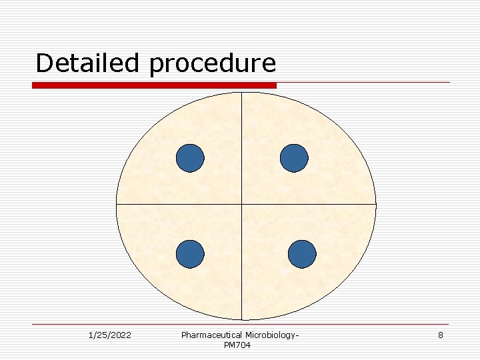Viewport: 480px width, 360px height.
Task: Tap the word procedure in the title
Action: pos(213,64)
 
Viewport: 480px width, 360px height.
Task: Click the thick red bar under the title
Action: pos(154,85)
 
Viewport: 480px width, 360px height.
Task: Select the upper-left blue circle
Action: pos(190,159)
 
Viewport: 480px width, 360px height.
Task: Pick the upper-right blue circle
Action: pos(294,159)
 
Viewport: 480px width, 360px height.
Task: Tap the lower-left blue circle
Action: pos(190,254)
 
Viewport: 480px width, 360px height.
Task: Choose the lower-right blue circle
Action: pos(302,254)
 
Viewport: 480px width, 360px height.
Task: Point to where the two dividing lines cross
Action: pos(241,203)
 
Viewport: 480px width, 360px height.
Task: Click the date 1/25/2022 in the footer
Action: pos(109,335)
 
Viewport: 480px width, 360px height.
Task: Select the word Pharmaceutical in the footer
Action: pos(211,335)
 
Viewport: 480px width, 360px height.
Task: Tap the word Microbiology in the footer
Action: pos(270,335)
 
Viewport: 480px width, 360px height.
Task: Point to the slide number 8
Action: pos(440,335)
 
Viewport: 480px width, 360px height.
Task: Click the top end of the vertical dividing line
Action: pos(241,93)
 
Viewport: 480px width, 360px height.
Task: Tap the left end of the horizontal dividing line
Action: pos(117,203)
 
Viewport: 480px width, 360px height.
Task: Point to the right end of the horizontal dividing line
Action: pos(375,203)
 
